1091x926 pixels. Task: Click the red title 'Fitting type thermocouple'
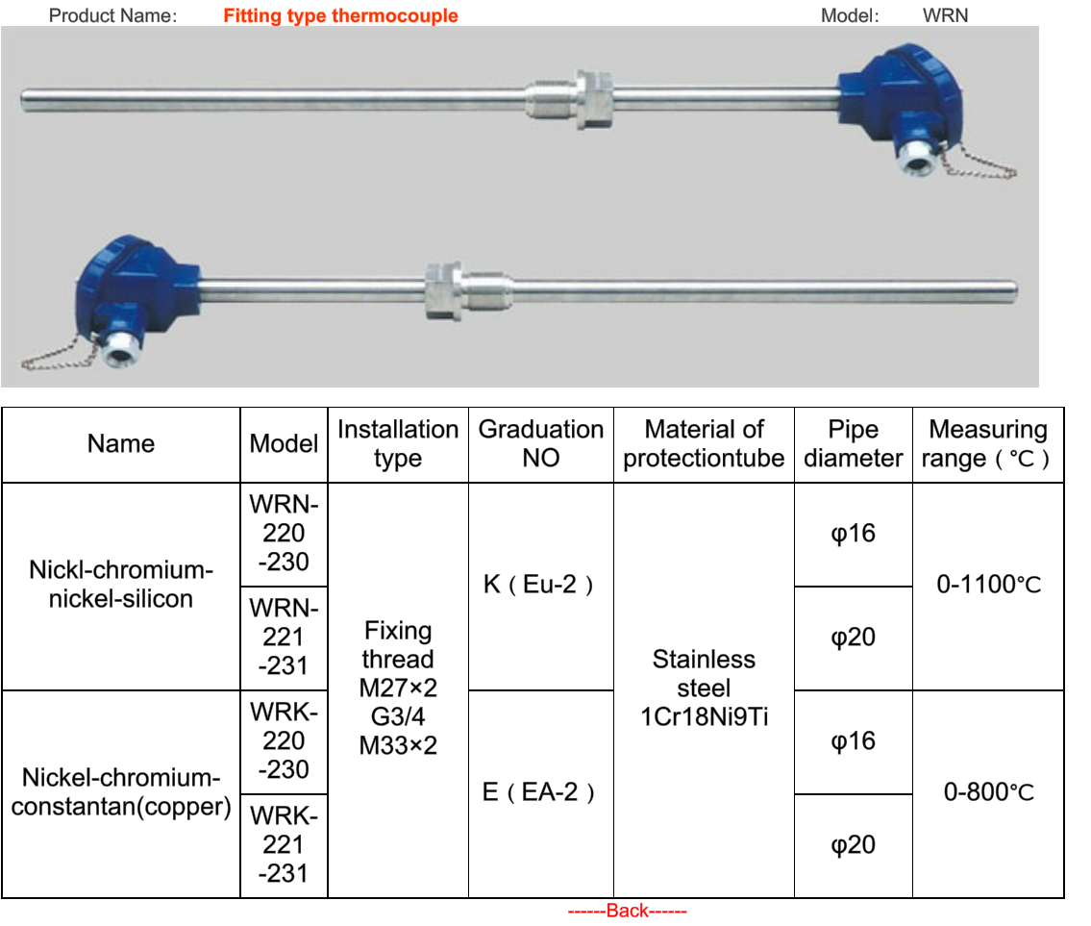tap(340, 15)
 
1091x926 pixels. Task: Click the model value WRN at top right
tap(945, 15)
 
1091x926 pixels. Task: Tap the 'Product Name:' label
tap(112, 15)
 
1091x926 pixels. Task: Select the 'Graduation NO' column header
tap(540, 443)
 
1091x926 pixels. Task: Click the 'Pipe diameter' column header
tap(853, 443)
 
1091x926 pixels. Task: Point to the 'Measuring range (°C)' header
tap(987, 443)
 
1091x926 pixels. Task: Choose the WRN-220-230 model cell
tap(284, 533)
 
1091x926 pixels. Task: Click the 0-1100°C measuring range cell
tap(988, 585)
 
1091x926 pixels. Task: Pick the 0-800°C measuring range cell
tap(988, 792)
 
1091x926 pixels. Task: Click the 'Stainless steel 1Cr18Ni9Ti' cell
tap(704, 688)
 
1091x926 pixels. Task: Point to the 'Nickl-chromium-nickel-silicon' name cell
tap(121, 585)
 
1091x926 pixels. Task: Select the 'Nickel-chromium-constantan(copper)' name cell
tap(121, 792)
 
